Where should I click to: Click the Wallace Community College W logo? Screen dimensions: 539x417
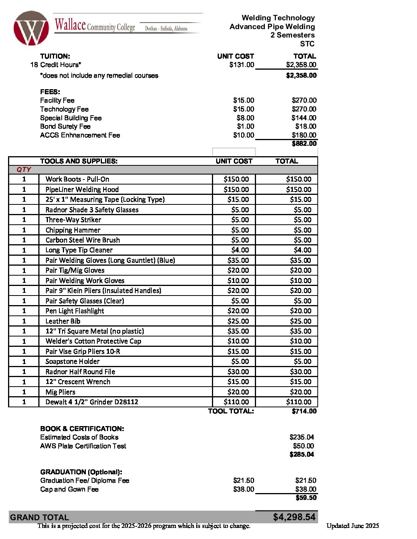[31, 28]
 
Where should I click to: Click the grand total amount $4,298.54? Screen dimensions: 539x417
[294, 517]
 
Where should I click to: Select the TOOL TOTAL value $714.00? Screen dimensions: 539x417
[304, 411]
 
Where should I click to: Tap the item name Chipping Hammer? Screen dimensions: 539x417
[73, 230]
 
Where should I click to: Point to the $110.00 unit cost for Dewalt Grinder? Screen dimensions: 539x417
[236, 402]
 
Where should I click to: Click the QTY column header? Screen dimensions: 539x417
[24, 170]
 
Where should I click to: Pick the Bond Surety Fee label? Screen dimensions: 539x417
[65, 126]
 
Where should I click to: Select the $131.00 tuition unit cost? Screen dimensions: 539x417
[241, 65]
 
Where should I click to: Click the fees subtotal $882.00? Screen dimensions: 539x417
[304, 144]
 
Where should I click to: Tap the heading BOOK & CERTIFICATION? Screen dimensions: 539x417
[82, 429]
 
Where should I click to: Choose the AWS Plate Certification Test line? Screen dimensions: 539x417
[83, 446]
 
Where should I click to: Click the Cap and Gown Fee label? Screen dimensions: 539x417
[69, 489]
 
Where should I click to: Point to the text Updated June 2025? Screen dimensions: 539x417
[353, 526]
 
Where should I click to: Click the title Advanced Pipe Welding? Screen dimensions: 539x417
[272, 26]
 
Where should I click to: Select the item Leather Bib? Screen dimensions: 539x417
[63, 321]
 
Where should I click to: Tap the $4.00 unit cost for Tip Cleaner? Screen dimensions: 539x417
[240, 250]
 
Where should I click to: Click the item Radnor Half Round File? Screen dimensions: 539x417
[80, 372]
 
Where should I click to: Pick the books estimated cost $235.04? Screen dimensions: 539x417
[302, 437]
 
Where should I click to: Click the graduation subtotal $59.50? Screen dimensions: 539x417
[306, 498]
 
